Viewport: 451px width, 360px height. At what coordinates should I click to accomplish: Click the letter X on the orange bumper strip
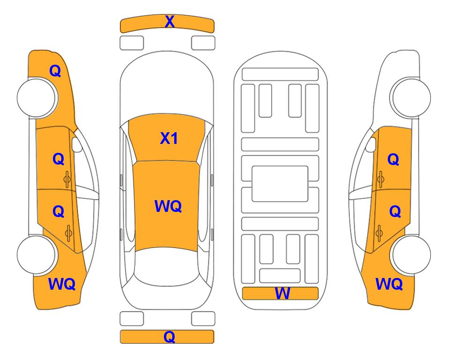click(170, 22)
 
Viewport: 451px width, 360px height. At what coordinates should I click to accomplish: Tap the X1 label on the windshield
click(169, 138)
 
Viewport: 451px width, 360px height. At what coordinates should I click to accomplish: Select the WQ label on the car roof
click(168, 206)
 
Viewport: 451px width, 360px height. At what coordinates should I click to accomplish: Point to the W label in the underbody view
click(282, 293)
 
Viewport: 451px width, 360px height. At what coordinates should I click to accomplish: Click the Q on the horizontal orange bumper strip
click(170, 337)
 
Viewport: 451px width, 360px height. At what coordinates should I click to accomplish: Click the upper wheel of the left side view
click(37, 97)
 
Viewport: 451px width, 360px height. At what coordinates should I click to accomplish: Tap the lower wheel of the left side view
click(37, 255)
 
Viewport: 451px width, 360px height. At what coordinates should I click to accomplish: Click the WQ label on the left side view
click(62, 284)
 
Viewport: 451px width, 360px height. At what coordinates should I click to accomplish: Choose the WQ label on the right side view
click(389, 284)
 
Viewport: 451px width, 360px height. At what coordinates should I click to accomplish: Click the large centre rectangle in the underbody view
click(280, 183)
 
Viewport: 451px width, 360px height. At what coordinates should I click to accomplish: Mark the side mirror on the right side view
click(371, 145)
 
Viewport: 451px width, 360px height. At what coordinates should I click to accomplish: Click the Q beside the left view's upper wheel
click(55, 71)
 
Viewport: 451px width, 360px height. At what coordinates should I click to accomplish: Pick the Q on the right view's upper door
click(393, 159)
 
